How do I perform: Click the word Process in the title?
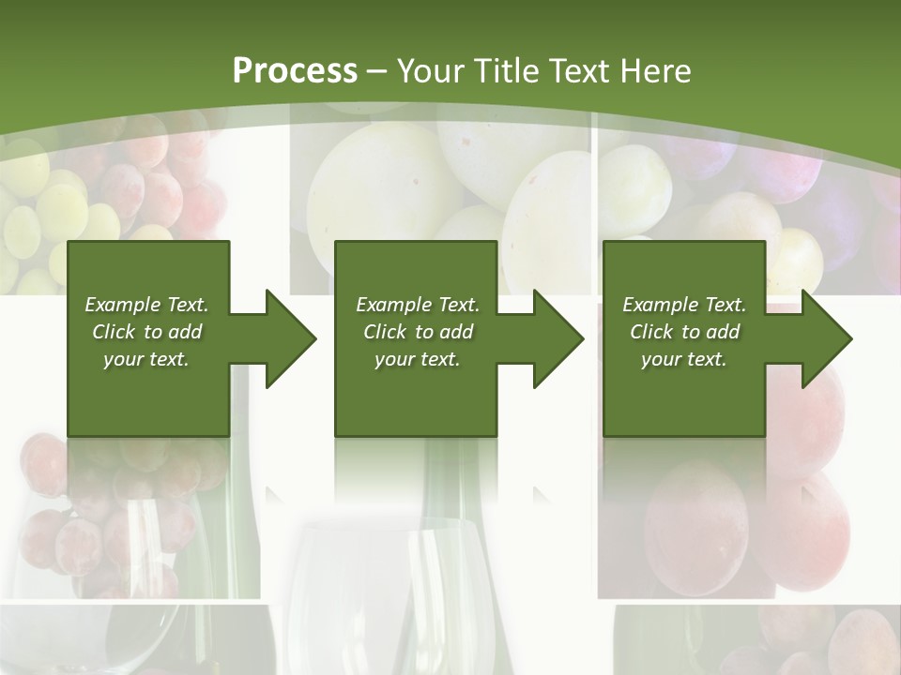[x=295, y=71]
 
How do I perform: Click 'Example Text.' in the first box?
[x=147, y=305]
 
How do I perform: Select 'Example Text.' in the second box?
[x=418, y=305]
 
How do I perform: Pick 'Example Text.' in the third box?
[x=684, y=305]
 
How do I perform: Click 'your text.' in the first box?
[x=146, y=359]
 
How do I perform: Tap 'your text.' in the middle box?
[x=417, y=359]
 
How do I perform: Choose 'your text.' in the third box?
[x=684, y=359]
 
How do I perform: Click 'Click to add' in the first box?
[x=147, y=332]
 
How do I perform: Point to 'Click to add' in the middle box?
[x=418, y=332]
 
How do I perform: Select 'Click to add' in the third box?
[x=684, y=332]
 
